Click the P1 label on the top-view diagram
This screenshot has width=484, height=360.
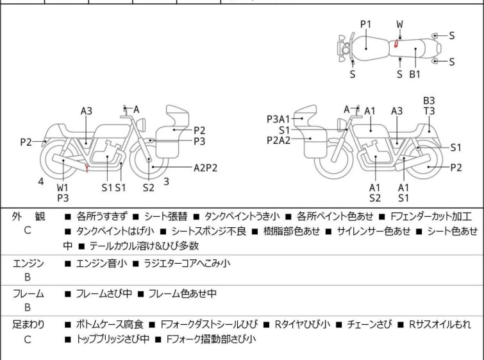pos(365,24)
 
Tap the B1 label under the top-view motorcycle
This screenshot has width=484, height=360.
pos(415,74)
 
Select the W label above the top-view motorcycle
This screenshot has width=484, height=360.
pos(399,24)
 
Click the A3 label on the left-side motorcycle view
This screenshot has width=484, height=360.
pos(87,111)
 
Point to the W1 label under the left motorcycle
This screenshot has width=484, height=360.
pos(62,187)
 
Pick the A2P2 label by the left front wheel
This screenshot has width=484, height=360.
pos(206,168)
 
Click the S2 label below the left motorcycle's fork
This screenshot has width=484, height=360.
pos(149,187)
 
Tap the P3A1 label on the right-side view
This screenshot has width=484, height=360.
pos(279,119)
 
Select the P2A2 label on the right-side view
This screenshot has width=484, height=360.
pos(279,139)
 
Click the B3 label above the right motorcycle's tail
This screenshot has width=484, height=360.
pos(429,101)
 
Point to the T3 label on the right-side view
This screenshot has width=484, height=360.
pos(429,111)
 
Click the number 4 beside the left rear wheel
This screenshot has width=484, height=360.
pos(41,182)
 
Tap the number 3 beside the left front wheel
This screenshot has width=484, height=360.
pos(166,182)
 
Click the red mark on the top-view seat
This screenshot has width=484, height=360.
pos(397,44)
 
